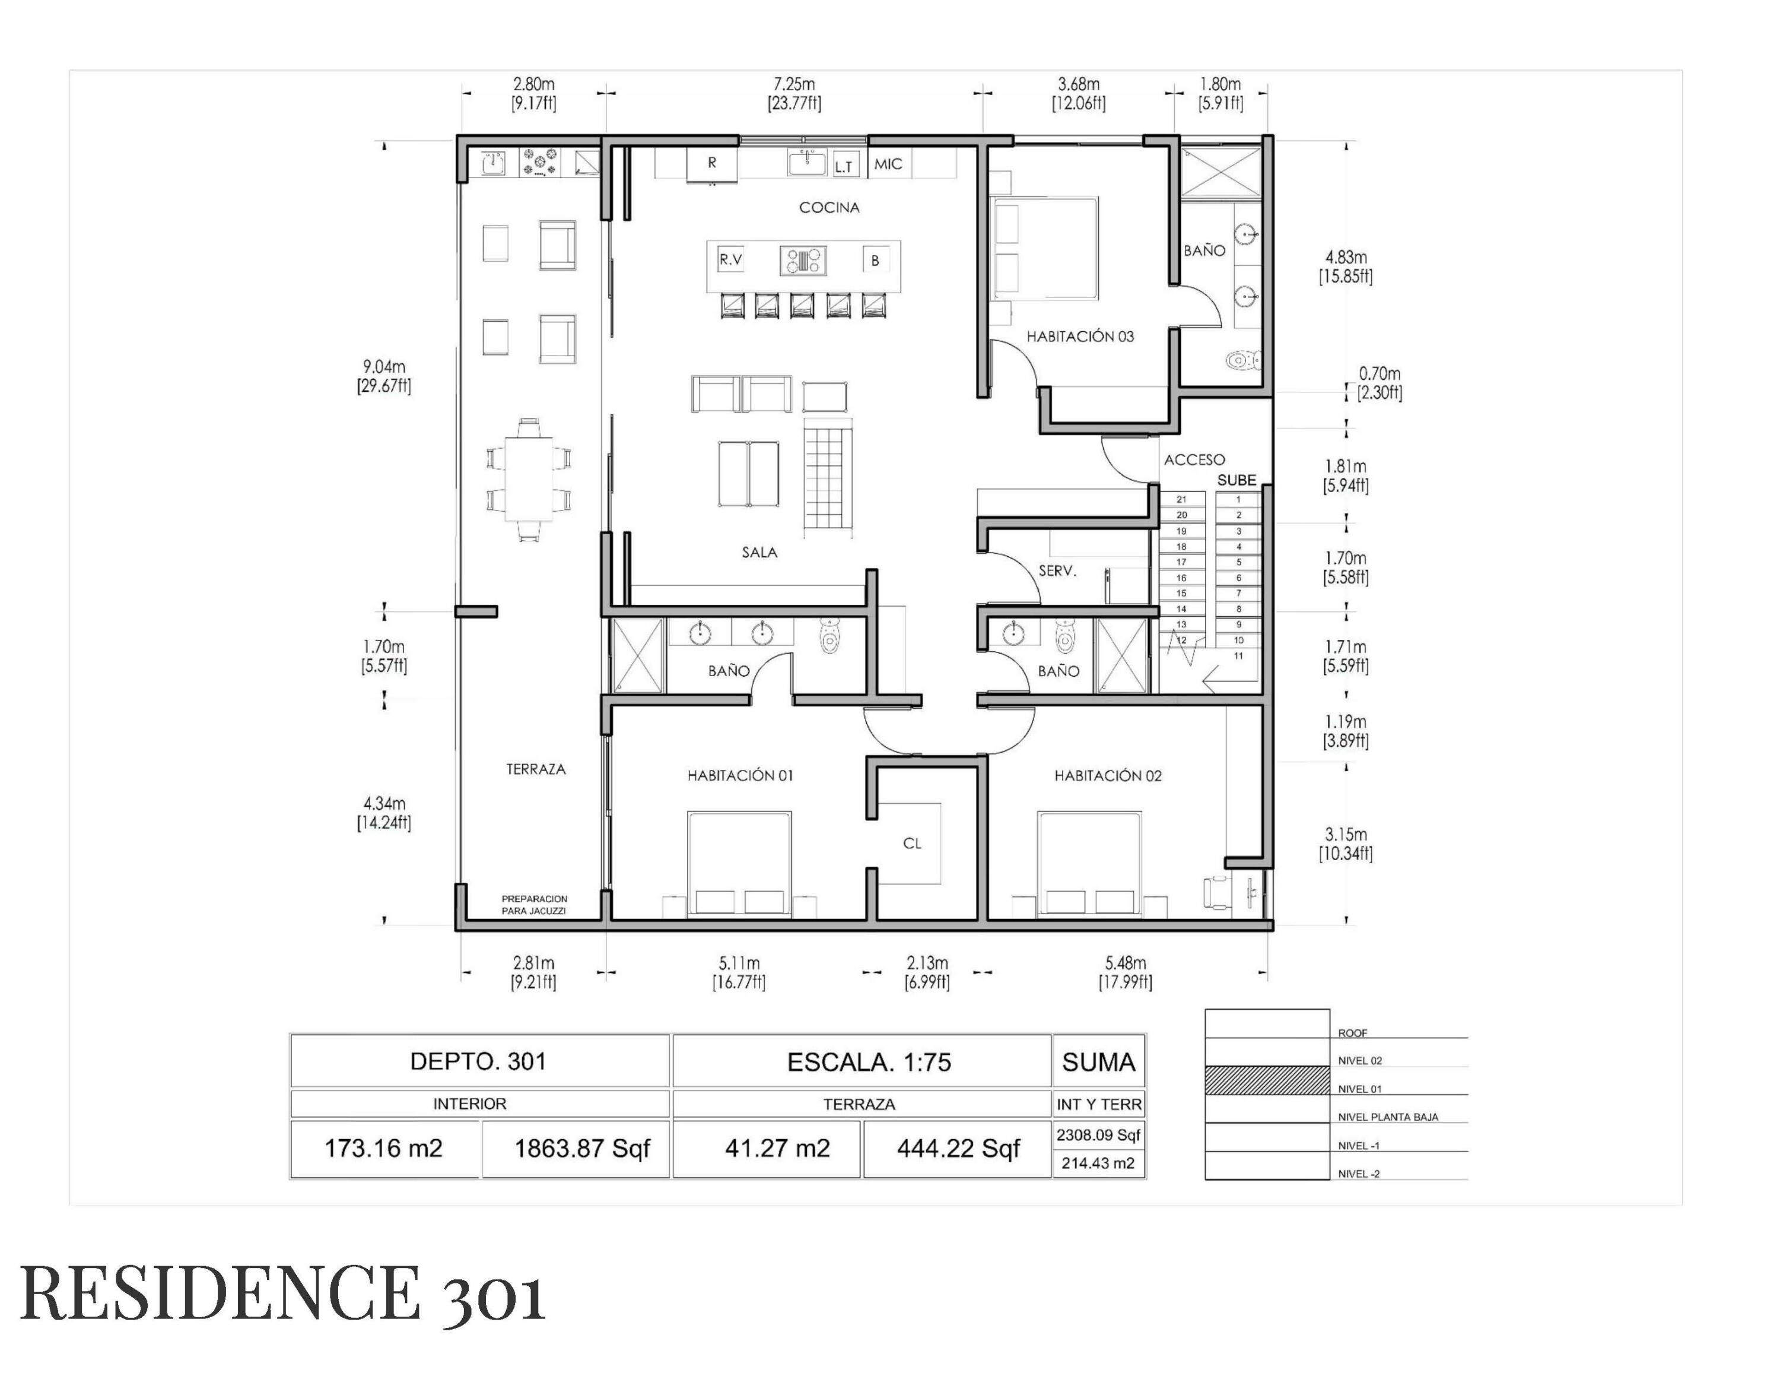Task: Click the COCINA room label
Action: (x=829, y=207)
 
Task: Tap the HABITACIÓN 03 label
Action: (x=1079, y=336)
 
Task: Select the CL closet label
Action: (x=912, y=843)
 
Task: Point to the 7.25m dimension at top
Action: (x=794, y=84)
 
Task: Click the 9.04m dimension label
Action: (x=384, y=367)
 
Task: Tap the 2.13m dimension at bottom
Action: (x=927, y=963)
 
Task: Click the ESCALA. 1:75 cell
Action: (x=869, y=1061)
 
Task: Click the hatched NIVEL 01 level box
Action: (x=1267, y=1080)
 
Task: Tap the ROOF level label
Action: (x=1352, y=1033)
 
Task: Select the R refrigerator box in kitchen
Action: (x=711, y=163)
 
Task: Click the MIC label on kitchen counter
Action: (x=888, y=164)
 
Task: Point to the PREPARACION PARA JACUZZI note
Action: (x=534, y=905)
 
